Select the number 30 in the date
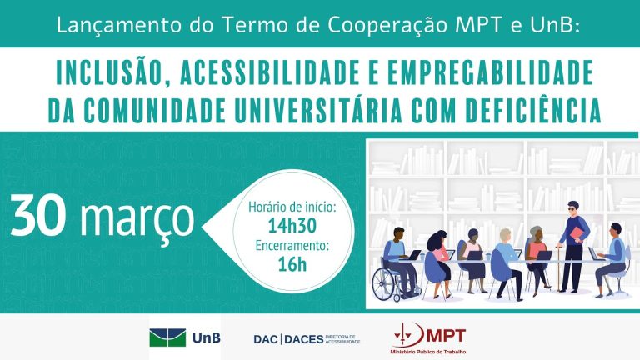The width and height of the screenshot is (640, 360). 37,215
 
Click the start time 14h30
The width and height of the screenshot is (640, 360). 292,225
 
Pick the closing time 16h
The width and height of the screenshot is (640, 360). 292,264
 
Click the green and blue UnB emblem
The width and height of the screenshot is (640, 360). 167,337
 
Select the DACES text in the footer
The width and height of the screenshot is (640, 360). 303,339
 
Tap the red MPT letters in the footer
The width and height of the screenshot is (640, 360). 446,336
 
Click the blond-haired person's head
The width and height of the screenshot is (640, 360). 505,235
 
